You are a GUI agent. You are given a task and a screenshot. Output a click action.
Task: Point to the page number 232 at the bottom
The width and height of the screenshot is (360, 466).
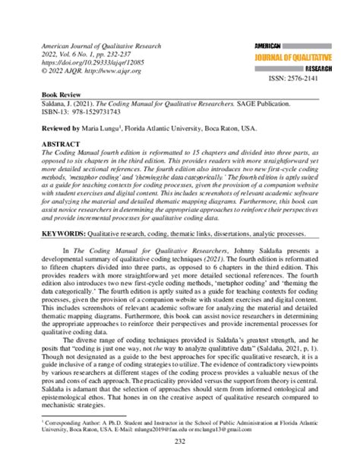(x=180, y=442)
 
